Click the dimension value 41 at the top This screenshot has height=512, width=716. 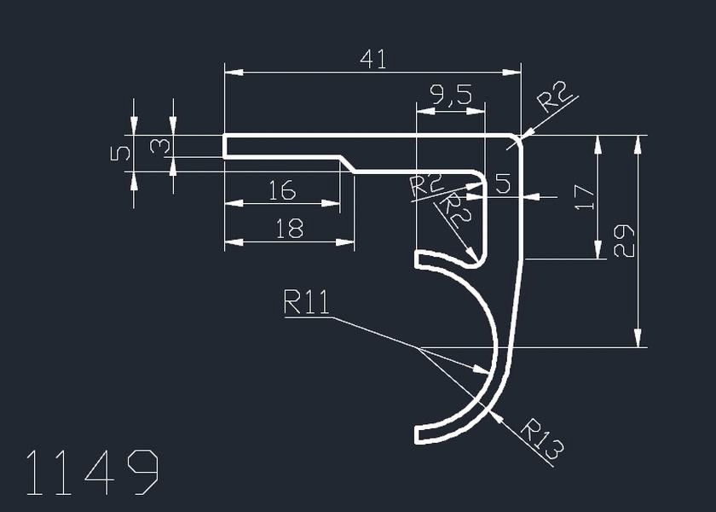(x=373, y=59)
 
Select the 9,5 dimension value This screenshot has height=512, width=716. (x=451, y=95)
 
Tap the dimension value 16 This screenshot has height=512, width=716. (x=282, y=190)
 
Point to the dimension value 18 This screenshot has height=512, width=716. (x=290, y=229)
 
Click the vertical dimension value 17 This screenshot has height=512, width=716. (x=583, y=197)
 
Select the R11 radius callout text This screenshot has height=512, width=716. (x=307, y=304)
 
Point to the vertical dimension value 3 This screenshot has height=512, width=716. (x=159, y=146)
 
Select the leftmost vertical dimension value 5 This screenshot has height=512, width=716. (x=121, y=153)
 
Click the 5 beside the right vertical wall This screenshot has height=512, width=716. (x=502, y=183)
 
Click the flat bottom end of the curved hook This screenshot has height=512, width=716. (x=417, y=434)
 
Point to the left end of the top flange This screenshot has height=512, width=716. (x=224, y=146)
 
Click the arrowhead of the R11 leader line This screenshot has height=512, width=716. (x=482, y=370)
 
